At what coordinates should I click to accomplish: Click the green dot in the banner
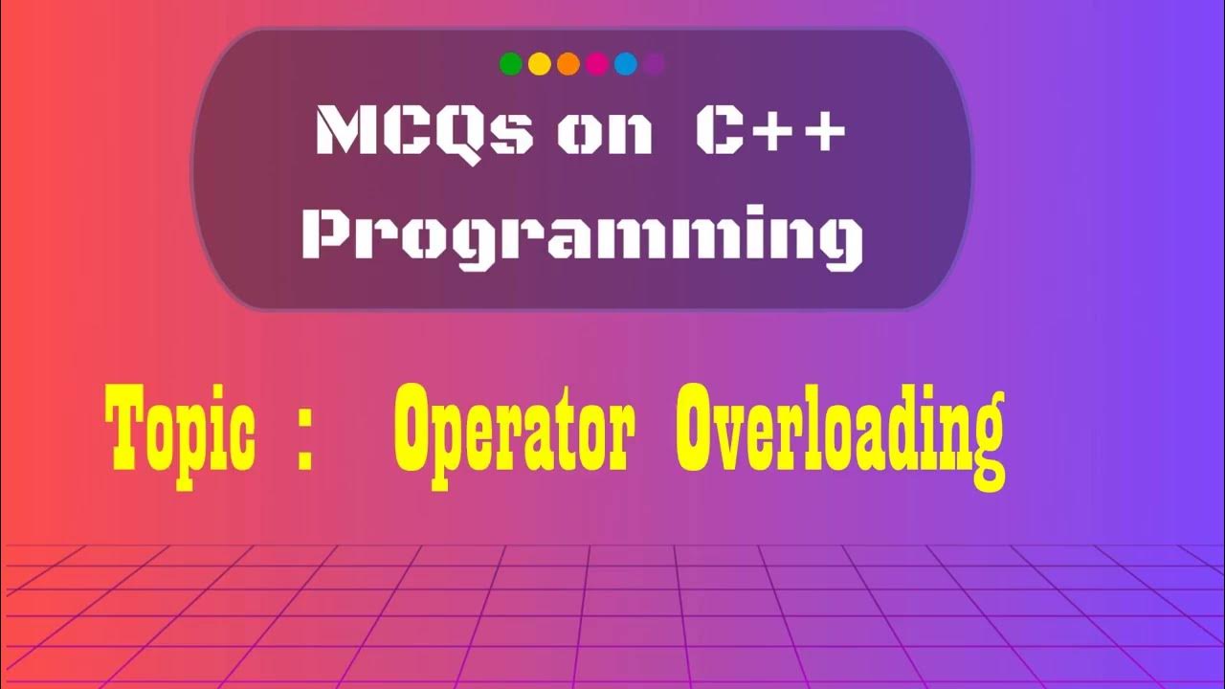pos(511,64)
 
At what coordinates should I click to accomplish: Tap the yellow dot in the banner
pos(540,64)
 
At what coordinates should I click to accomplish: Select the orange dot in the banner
pos(568,64)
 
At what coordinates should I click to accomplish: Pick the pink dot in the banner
pos(597,64)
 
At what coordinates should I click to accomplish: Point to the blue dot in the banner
pos(626,64)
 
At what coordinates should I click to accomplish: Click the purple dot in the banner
pos(655,64)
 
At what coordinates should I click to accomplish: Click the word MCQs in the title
pos(423,131)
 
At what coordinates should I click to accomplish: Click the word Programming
pos(582,237)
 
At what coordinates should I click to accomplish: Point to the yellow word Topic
pos(180,434)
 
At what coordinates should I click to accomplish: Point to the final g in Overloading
pos(983,448)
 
